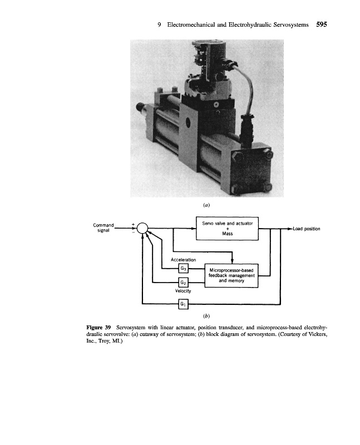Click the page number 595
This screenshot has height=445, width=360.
click(321, 24)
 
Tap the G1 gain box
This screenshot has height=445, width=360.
click(184, 303)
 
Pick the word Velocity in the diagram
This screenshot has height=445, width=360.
click(184, 291)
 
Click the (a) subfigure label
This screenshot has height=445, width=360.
click(206, 205)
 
